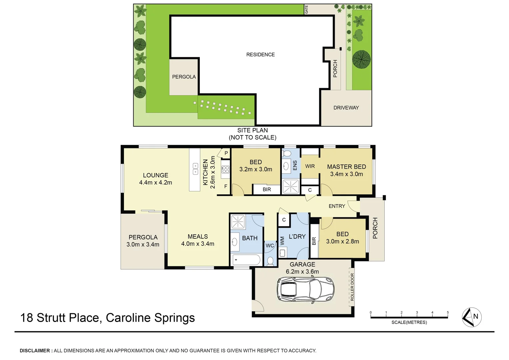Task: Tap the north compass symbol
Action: tap(472, 317)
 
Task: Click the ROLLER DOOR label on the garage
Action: tap(352, 287)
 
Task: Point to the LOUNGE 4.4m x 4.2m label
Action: tap(156, 179)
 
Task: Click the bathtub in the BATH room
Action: tap(247, 260)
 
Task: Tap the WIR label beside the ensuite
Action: tap(310, 166)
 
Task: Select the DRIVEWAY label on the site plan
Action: tap(346, 108)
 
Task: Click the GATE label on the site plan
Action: tap(306, 9)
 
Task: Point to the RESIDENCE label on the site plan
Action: tap(260, 55)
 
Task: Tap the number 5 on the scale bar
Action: tap(448, 313)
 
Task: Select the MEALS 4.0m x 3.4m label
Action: tap(198, 240)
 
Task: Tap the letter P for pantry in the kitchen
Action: tap(226, 153)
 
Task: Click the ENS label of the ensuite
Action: tap(295, 165)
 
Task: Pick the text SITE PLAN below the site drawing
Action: tap(253, 130)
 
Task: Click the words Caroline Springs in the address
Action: tap(150, 318)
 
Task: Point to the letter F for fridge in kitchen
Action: tap(226, 186)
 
